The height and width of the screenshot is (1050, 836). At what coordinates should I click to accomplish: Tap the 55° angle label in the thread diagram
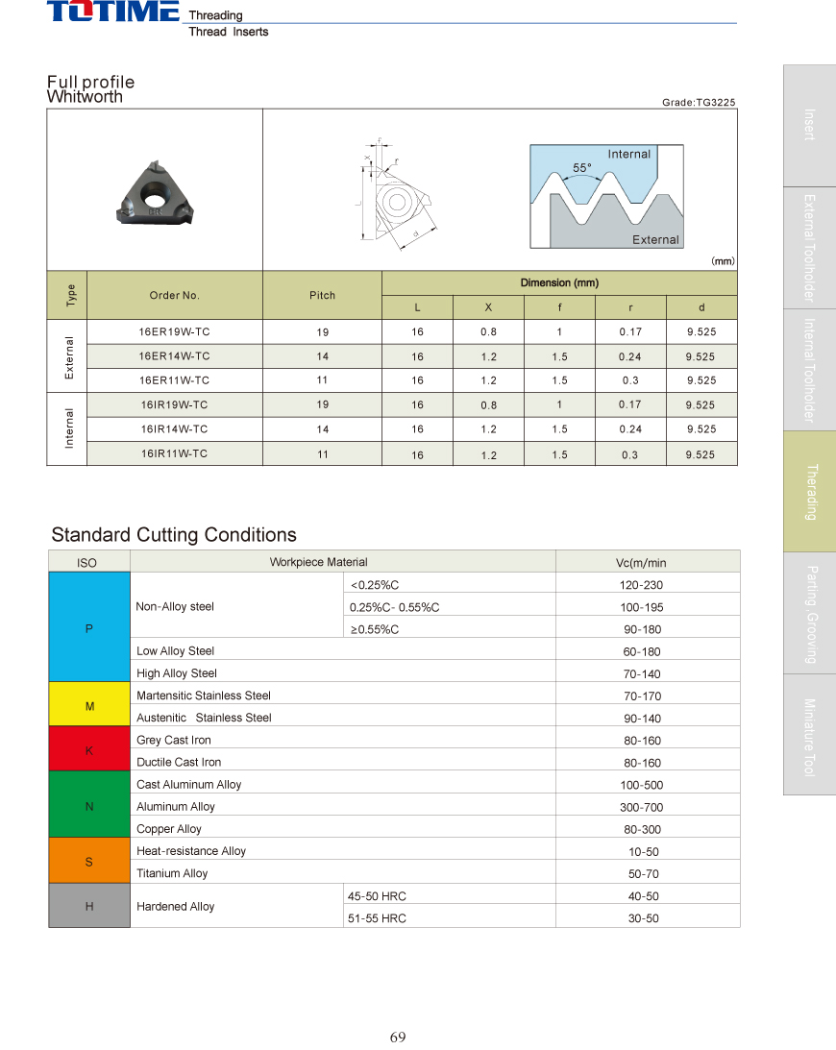[582, 167]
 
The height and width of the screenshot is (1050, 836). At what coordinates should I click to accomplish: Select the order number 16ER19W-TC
[174, 331]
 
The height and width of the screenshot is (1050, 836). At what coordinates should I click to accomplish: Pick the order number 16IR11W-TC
[174, 453]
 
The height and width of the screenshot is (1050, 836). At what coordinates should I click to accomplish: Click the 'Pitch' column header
[322, 295]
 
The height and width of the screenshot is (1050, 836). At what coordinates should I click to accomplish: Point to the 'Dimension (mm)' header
[559, 283]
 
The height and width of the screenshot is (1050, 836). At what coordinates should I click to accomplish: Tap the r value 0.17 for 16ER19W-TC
[630, 332]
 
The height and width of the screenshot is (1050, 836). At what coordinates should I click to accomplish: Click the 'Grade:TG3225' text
[699, 102]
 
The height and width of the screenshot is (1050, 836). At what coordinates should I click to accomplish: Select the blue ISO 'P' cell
[89, 628]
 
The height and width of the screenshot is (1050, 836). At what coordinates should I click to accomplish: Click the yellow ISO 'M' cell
[89, 706]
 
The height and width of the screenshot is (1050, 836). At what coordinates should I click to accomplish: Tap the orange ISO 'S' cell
[89, 862]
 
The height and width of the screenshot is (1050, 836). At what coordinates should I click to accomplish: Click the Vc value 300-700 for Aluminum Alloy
[642, 807]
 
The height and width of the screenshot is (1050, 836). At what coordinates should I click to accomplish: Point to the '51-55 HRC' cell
[377, 918]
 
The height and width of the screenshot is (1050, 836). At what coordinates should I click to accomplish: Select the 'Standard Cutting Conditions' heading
[174, 535]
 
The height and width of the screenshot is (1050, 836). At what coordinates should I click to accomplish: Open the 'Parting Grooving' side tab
[809, 613]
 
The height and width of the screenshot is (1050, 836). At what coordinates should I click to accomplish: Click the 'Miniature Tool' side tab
[809, 735]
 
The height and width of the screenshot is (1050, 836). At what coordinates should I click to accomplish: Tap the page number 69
[398, 1037]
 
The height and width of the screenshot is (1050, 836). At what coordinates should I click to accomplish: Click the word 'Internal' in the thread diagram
[628, 154]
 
